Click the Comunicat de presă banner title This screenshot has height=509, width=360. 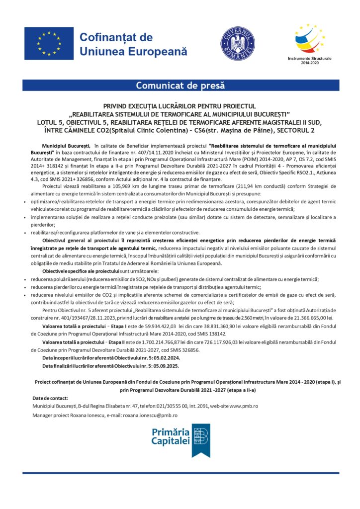click(180, 85)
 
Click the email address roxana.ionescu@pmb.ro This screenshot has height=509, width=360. click(154, 415)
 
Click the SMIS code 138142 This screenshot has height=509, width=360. click(216, 334)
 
